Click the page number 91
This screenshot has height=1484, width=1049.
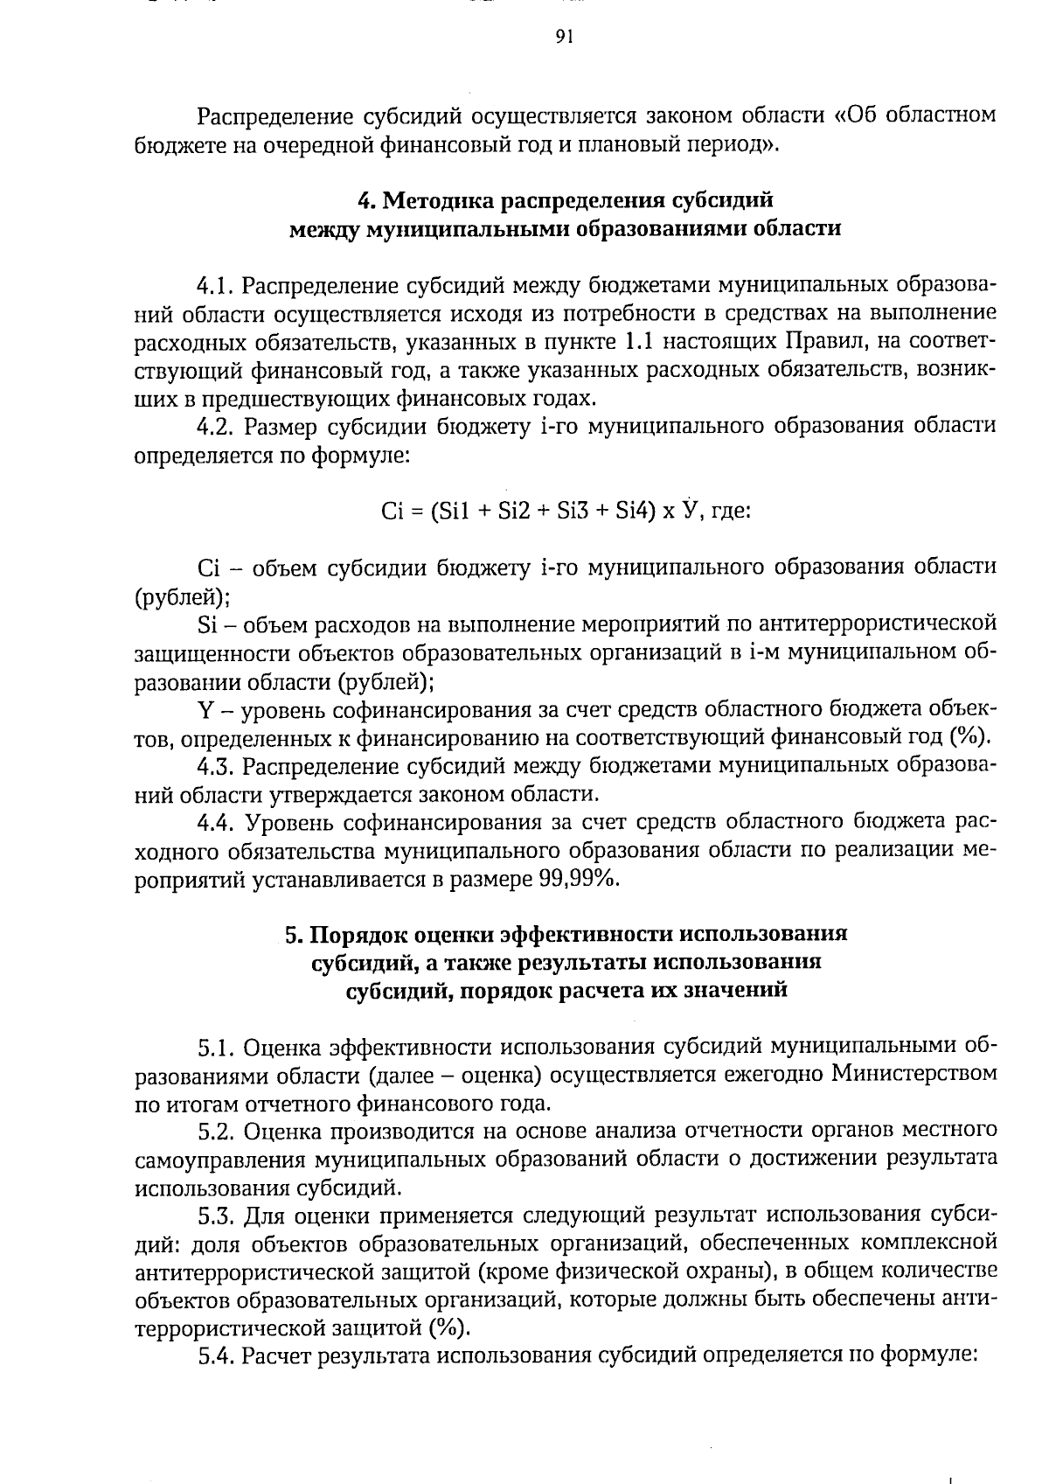coord(563,36)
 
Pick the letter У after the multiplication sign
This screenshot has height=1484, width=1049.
coord(692,510)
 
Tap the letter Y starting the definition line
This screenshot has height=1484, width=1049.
coord(205,709)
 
